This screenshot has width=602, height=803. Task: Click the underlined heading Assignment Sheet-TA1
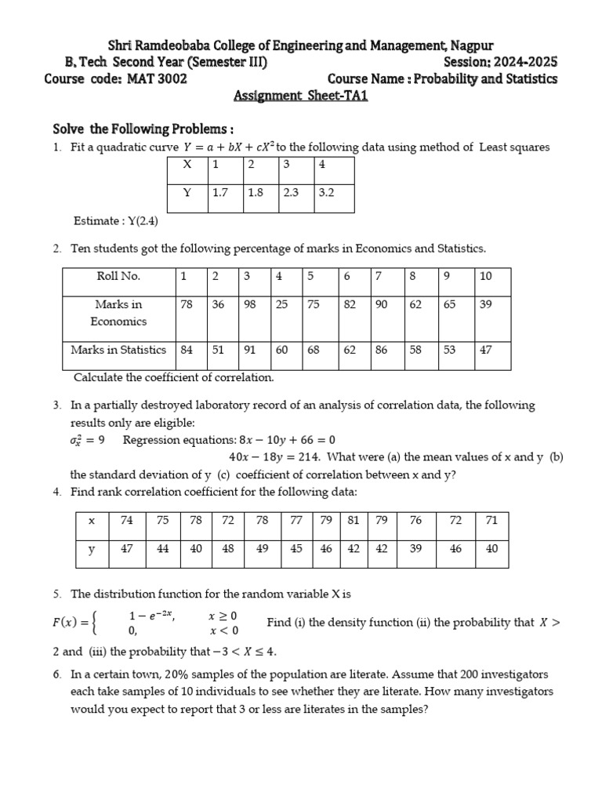coord(301,96)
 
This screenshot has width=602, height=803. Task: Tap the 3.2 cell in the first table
coord(327,192)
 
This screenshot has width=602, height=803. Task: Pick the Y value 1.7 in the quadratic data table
coord(220,192)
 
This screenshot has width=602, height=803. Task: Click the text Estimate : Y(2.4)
coord(116,221)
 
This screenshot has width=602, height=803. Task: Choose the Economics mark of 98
coord(250,304)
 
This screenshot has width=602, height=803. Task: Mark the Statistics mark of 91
coord(250,350)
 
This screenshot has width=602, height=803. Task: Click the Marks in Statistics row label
coord(118,350)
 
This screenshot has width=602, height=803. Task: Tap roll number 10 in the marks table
coord(485,276)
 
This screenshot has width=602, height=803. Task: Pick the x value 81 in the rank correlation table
coord(354,520)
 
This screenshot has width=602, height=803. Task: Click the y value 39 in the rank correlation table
coord(415,549)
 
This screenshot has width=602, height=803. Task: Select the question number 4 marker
coord(57,492)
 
